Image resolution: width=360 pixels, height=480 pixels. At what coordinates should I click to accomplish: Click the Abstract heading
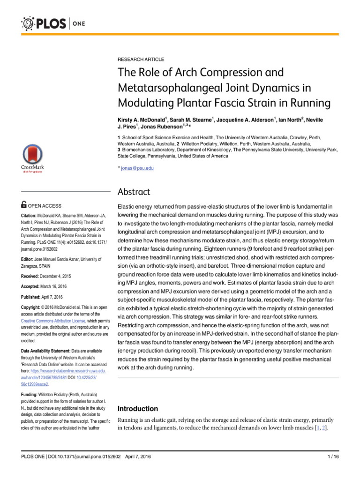pyautogui.click(x=134, y=192)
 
